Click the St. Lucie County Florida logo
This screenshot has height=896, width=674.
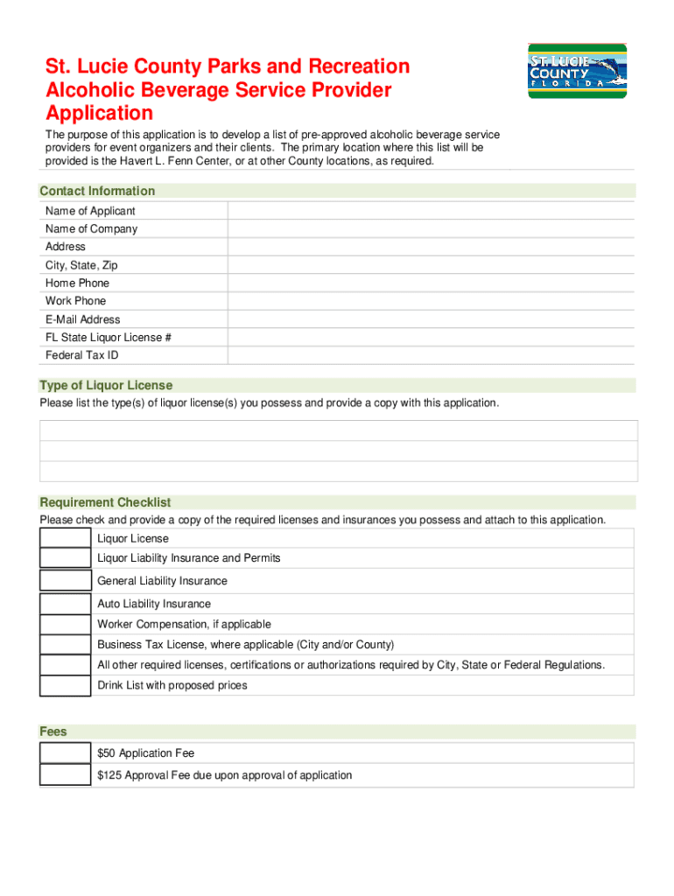click(x=577, y=71)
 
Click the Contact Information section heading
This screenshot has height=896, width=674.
click(x=97, y=191)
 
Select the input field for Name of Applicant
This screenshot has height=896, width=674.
click(x=431, y=211)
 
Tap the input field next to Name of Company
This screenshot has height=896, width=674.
click(x=431, y=229)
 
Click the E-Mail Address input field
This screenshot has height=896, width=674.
click(x=431, y=319)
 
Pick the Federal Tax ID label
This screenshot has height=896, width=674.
click(x=81, y=355)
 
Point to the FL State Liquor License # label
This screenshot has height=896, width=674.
click(x=102, y=338)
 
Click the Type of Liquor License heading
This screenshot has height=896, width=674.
click(x=106, y=385)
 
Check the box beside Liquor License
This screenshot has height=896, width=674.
click(x=65, y=538)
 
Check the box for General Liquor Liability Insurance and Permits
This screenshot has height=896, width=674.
click(x=65, y=558)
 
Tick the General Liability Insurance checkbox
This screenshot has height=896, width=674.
click(x=65, y=581)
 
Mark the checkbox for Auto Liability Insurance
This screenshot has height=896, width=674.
click(x=65, y=604)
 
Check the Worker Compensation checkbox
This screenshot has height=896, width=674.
click(x=65, y=625)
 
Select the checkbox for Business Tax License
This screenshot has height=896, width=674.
click(x=65, y=645)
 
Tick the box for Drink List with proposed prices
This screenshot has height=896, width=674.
click(x=65, y=685)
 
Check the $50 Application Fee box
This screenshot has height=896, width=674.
click(x=65, y=752)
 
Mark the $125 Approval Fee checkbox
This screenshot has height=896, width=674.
click(x=65, y=775)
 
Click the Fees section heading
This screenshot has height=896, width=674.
click(x=53, y=731)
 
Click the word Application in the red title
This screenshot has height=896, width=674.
click(x=99, y=114)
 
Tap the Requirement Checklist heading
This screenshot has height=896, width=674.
click(x=105, y=502)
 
